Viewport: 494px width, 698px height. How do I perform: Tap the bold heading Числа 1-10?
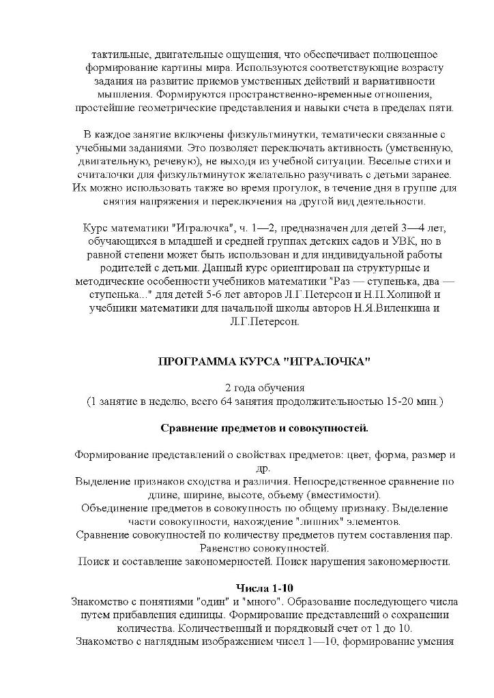click(264, 587)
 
